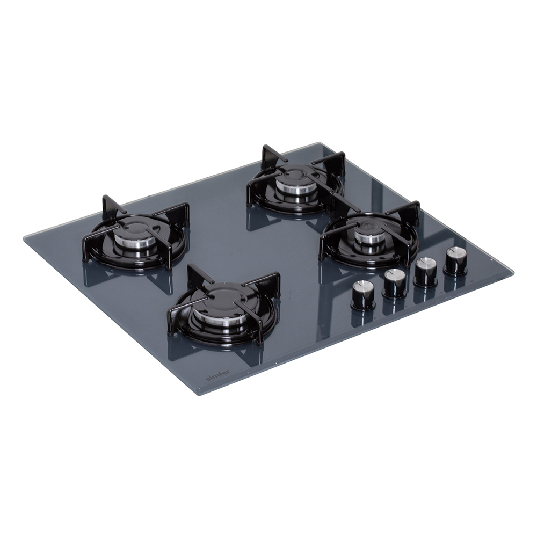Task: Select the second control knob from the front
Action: (394, 282)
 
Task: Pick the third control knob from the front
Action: (425, 271)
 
